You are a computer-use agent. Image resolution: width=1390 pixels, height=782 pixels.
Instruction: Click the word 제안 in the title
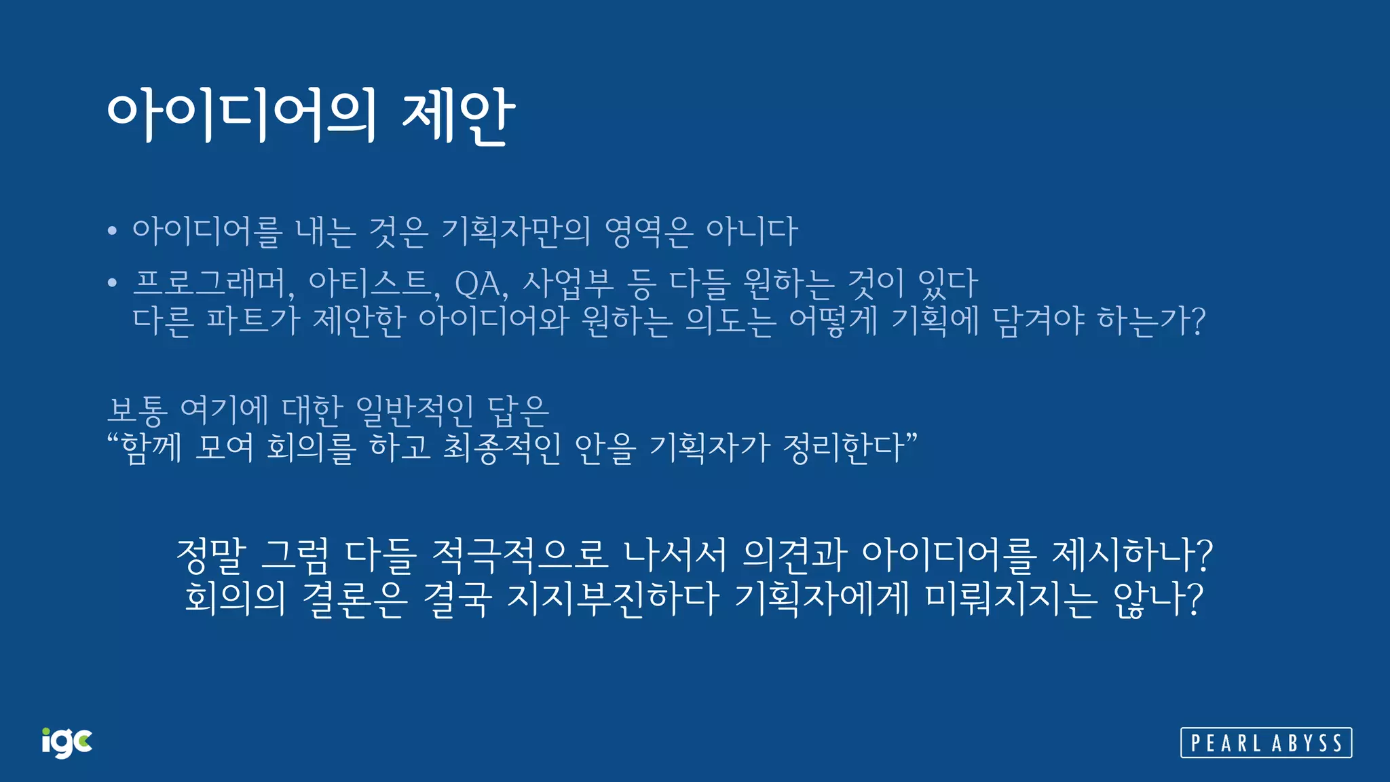458,115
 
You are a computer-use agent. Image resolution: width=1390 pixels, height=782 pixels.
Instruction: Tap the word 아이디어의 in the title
242,115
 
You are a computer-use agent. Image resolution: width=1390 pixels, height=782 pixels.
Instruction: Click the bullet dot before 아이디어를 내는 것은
113,231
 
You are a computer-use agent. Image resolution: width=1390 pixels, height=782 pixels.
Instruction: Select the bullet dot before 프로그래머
113,283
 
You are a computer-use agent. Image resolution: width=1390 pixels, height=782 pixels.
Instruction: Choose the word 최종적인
502,447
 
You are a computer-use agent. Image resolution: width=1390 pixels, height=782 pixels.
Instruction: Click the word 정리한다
845,447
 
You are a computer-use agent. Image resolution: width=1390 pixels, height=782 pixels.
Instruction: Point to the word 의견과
794,555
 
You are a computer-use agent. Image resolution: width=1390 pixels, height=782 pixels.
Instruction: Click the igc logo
67,743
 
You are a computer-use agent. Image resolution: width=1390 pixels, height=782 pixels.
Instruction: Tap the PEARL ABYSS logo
1266,743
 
